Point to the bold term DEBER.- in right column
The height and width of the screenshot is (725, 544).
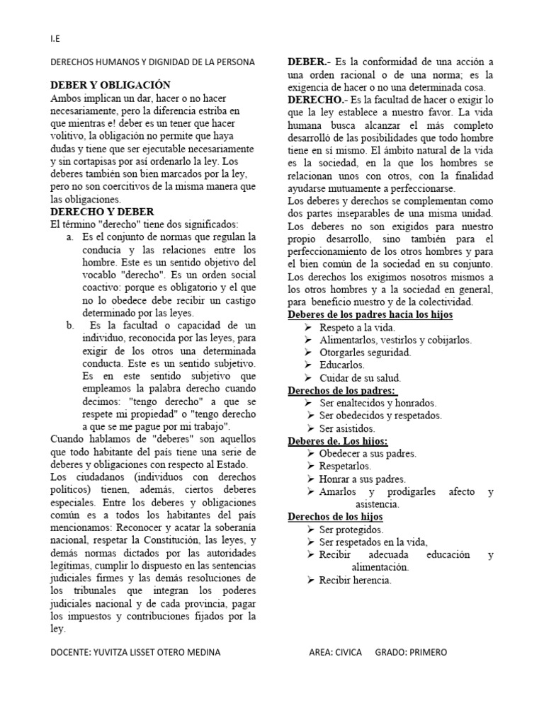pos(307,62)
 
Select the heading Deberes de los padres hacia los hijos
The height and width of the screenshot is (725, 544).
pos(370,314)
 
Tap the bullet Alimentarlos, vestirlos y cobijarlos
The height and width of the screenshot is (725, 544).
pos(395,340)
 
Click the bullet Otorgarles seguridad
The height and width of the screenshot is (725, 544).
pos(365,353)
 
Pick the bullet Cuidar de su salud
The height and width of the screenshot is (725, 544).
pos(360,377)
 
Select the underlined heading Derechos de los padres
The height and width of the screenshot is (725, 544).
pos(342,390)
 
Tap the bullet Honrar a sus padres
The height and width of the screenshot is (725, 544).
pos(362,479)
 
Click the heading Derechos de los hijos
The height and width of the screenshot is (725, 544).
pos(335,516)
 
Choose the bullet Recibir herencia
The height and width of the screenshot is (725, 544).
pos(355,581)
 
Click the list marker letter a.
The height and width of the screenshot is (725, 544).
pos(70,236)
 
